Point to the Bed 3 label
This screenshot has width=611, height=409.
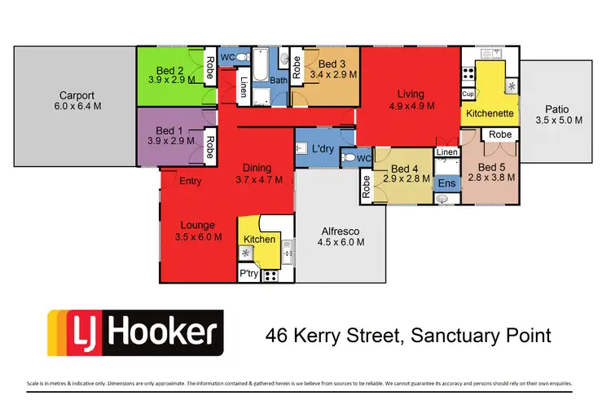coord(332,64)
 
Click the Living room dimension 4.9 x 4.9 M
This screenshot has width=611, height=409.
coord(411,105)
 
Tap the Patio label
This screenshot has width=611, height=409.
coord(558,108)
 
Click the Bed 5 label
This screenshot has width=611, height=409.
coord(488,159)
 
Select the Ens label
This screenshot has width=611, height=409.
coord(446,183)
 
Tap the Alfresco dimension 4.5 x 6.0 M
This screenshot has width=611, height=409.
coord(340,241)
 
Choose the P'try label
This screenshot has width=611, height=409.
coord(248,275)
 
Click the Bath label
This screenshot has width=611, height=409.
coord(279,81)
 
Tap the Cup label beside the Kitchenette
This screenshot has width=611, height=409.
coord(468,94)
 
